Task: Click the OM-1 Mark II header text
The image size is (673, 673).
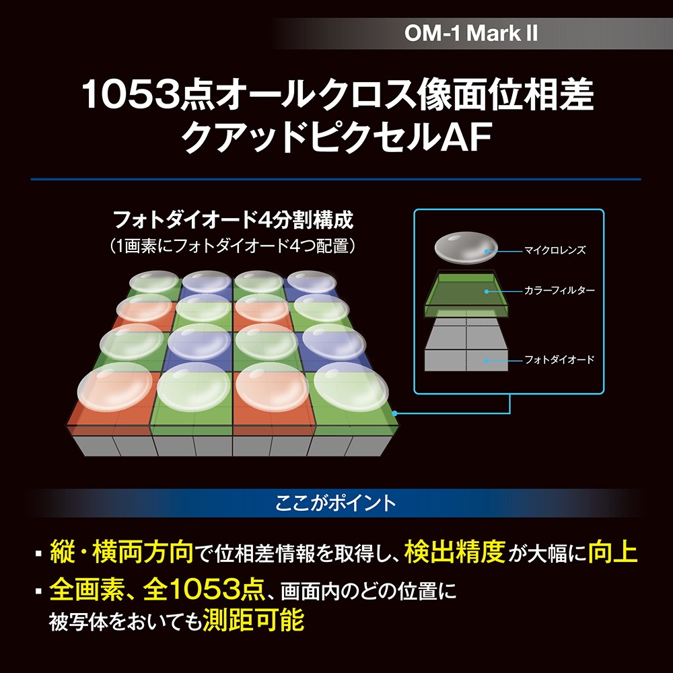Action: point(471,33)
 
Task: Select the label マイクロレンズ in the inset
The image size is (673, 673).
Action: point(555,250)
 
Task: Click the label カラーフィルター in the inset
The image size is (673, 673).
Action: point(559,291)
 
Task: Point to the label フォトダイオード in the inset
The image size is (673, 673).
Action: point(559,359)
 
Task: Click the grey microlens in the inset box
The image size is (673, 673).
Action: point(466,248)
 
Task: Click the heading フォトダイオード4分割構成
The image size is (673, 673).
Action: point(233,220)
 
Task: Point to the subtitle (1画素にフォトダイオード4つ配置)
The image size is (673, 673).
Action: point(233,246)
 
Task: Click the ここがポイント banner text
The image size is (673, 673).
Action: point(335,503)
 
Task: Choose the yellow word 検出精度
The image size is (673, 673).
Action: point(454,552)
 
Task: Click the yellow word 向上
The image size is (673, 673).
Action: point(613,552)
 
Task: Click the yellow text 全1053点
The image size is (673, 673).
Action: point(204,590)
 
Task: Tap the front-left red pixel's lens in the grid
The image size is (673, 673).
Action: point(115,387)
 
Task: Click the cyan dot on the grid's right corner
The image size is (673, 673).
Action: point(394,413)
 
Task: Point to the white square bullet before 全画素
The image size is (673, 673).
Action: point(39,591)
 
